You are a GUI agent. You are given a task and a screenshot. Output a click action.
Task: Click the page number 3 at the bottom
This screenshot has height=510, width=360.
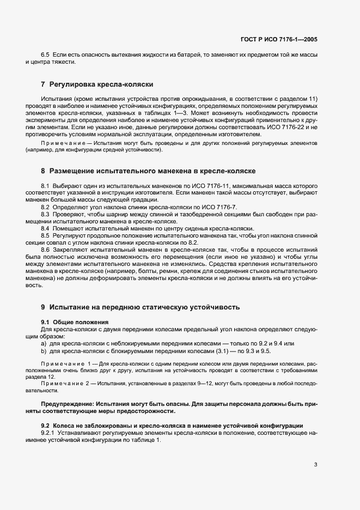tap(316, 465)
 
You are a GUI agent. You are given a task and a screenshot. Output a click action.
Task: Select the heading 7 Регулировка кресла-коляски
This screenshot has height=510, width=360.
tap(97, 84)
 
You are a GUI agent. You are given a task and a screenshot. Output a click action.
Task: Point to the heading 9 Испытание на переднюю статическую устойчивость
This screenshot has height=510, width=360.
tap(140, 307)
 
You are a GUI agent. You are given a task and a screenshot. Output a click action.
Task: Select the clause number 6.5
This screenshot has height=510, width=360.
tap(45, 55)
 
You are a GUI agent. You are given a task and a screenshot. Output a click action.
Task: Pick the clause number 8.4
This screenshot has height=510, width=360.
tap(45, 228)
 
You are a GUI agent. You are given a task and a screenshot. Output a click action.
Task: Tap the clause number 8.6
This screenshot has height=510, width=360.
tap(45, 249)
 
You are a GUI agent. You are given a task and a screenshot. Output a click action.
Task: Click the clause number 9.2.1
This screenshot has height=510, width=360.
tap(49, 433)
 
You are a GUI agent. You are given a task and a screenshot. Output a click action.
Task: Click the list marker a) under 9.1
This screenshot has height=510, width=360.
tap(44, 344)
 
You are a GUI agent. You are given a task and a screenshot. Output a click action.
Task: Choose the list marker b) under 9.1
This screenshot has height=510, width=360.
tap(44, 351)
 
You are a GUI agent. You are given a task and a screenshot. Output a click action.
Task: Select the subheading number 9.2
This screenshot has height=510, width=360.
tap(46, 425)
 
